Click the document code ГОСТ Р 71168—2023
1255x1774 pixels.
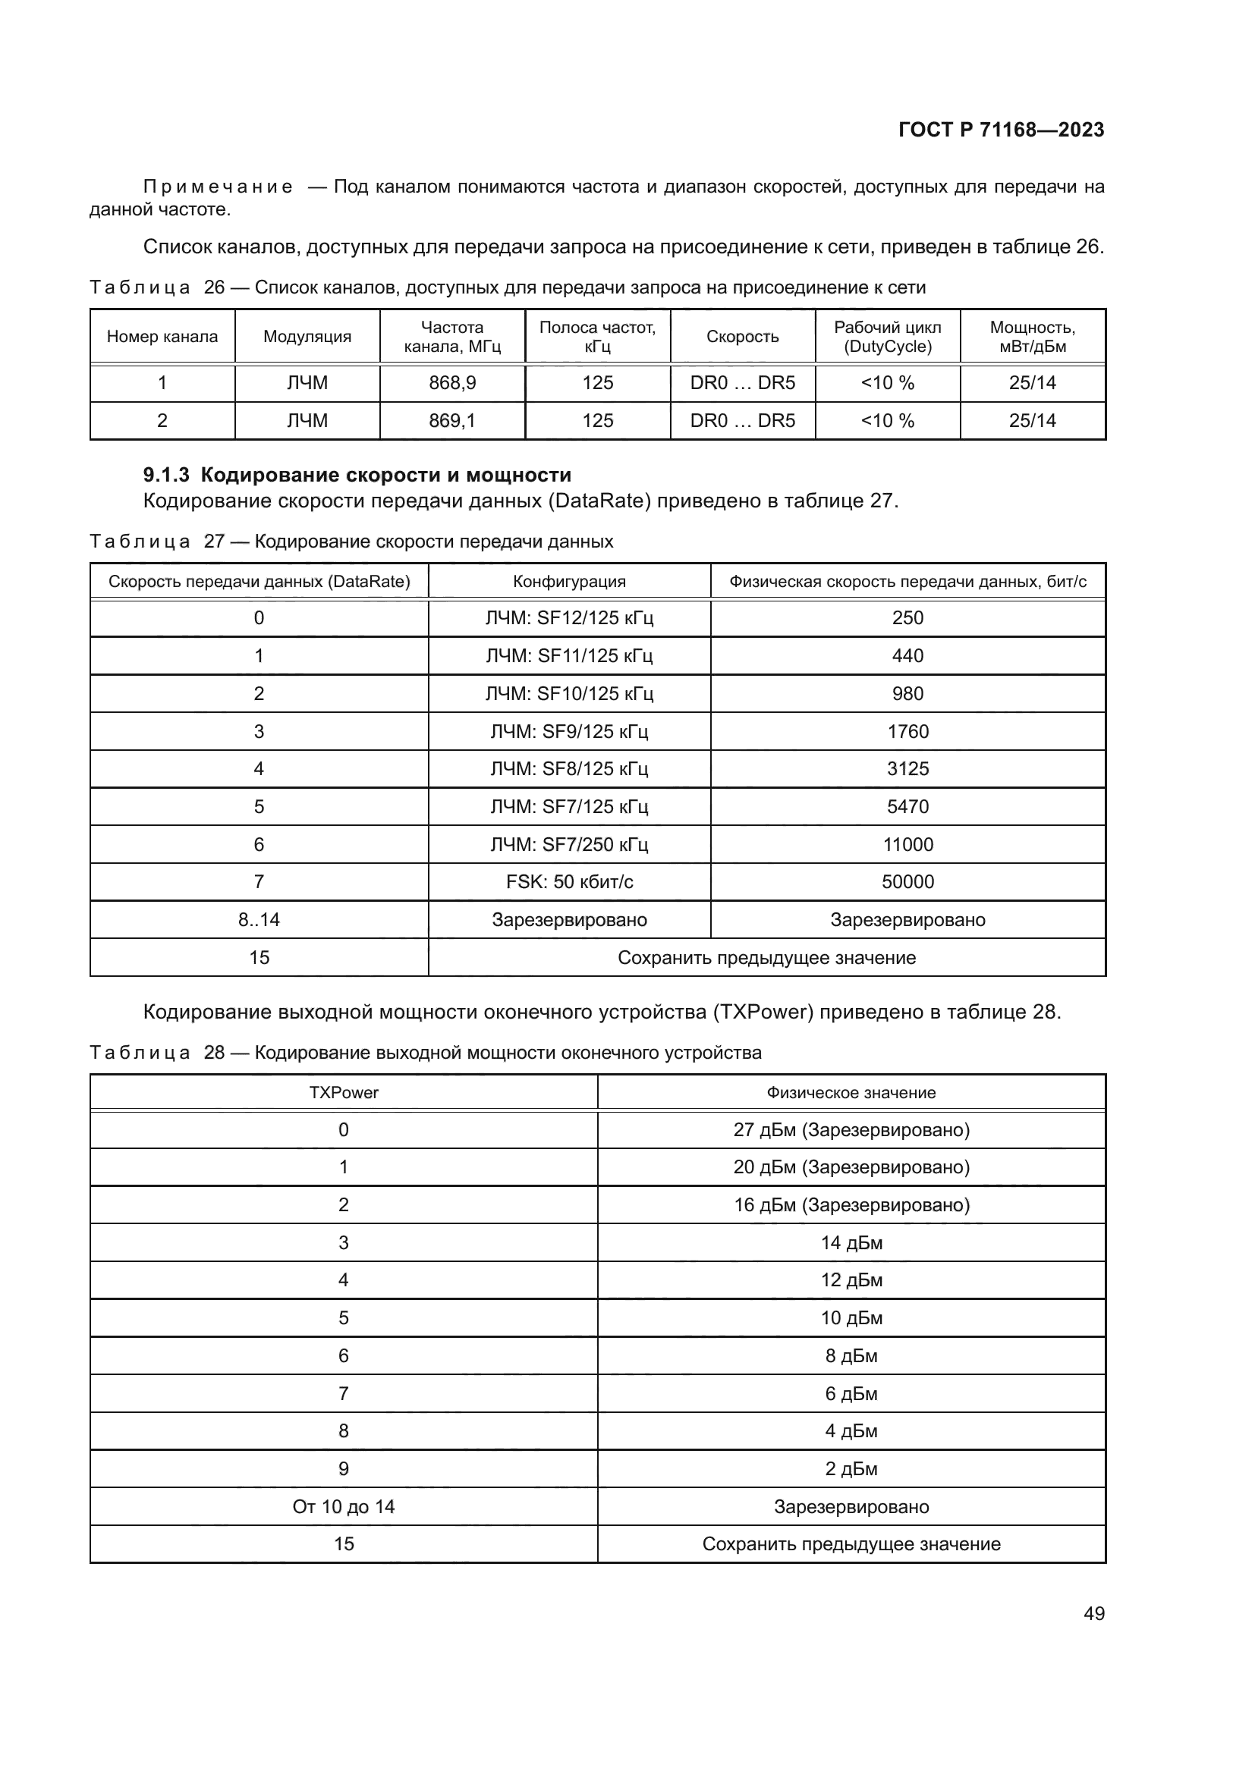point(1001,130)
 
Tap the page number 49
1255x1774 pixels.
point(1093,1613)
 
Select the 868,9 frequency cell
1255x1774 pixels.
point(452,382)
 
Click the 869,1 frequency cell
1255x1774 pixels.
point(452,420)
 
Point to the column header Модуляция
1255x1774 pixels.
point(307,336)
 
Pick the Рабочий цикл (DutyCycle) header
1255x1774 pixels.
point(887,336)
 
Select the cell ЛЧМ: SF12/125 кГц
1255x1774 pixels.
point(569,617)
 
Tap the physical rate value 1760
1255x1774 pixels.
point(907,731)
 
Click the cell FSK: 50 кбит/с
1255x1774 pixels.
point(569,881)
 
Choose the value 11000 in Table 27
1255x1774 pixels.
point(907,844)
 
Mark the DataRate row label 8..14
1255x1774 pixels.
point(259,919)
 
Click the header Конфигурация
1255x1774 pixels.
point(569,581)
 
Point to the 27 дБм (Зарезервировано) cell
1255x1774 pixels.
point(851,1129)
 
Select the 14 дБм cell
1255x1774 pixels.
point(851,1242)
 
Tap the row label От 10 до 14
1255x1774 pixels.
point(343,1507)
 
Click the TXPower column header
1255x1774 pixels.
point(343,1092)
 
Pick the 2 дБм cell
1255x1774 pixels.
point(851,1469)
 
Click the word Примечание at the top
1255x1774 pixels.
point(218,187)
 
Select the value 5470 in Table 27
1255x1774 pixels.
point(907,807)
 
